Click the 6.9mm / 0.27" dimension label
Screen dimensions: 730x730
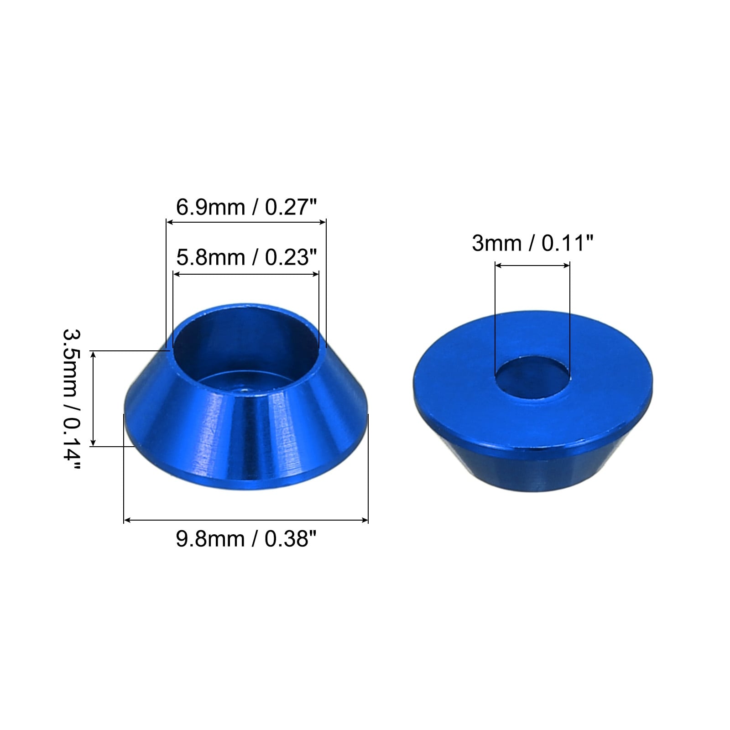(246, 207)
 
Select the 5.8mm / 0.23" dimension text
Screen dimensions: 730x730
(246, 258)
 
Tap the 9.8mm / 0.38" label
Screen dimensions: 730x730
(246, 539)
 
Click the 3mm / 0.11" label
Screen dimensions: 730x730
(532, 243)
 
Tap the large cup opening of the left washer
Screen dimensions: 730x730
(245, 349)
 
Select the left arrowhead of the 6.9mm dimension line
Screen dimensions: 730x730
(169, 222)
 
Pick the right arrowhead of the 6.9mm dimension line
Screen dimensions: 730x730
(323, 222)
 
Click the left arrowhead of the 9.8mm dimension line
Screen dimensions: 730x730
(127, 520)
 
